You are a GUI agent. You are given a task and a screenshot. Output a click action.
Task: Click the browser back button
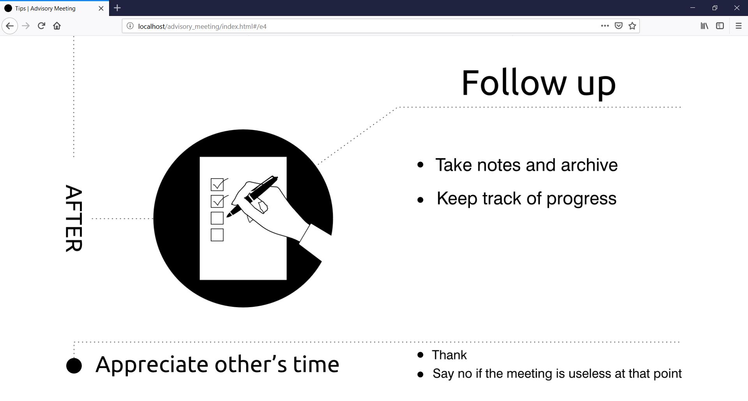click(x=10, y=26)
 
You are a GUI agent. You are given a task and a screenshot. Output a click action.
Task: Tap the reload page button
click(x=41, y=26)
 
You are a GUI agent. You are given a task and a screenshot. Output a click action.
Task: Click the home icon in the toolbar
click(x=57, y=26)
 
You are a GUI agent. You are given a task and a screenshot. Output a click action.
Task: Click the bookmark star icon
click(x=632, y=26)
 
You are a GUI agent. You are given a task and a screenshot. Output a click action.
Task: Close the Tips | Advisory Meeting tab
click(x=101, y=8)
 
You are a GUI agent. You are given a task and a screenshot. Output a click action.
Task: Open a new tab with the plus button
click(x=117, y=8)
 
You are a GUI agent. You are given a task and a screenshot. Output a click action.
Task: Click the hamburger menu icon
click(x=738, y=26)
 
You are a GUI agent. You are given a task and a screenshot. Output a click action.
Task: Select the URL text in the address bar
click(x=202, y=26)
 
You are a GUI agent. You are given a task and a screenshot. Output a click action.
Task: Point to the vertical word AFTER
click(x=74, y=218)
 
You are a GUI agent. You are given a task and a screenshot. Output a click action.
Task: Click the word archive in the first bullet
click(x=589, y=165)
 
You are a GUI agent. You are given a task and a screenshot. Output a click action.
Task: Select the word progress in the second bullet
click(x=581, y=199)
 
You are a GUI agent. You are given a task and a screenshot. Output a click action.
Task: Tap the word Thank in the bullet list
click(x=449, y=355)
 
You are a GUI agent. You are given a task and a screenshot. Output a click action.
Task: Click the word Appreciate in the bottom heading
click(x=153, y=365)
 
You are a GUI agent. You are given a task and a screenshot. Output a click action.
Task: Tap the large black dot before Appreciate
click(x=74, y=366)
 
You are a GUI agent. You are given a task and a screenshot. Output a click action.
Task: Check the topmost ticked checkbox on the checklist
click(x=217, y=185)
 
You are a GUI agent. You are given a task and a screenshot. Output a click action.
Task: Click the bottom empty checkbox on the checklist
click(x=217, y=235)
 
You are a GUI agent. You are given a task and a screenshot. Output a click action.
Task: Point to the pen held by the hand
click(x=252, y=196)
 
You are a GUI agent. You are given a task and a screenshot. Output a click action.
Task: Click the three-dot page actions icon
click(x=605, y=26)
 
